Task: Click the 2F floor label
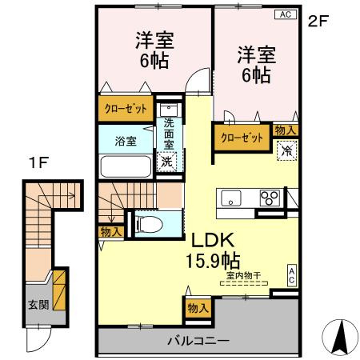click(318, 22)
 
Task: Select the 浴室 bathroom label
click(125, 141)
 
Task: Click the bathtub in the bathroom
click(126, 166)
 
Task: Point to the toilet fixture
click(146, 222)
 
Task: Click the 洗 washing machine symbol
click(167, 161)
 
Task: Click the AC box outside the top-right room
click(284, 14)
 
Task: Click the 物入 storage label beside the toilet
click(110, 231)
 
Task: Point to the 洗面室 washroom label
click(169, 135)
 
